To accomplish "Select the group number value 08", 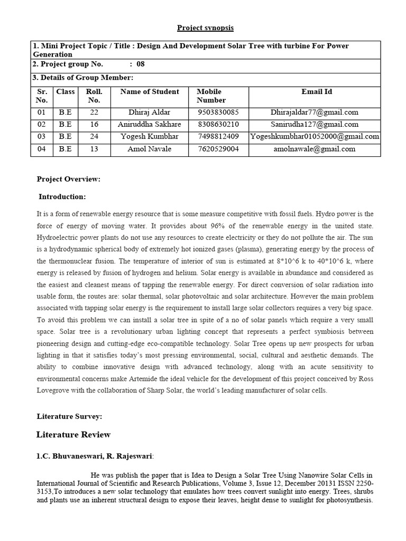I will [140, 64].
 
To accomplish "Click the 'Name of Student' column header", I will [150, 92].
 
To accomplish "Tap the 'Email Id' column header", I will [317, 92].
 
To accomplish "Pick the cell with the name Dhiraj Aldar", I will [150, 112].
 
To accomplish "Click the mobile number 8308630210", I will [218, 124].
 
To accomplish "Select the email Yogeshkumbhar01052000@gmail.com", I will [315, 136].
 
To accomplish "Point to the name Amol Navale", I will [150, 149].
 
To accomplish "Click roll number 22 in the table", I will [94, 112].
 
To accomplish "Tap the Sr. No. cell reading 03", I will [42, 136].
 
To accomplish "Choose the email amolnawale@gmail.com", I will [315, 149].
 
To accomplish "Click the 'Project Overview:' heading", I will [68, 179].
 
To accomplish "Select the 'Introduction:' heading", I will [62, 197].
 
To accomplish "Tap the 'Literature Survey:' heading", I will [69, 416].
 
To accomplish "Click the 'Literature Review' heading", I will [73, 435].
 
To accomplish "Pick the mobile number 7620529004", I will [218, 149].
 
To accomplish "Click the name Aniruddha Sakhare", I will [150, 124].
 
